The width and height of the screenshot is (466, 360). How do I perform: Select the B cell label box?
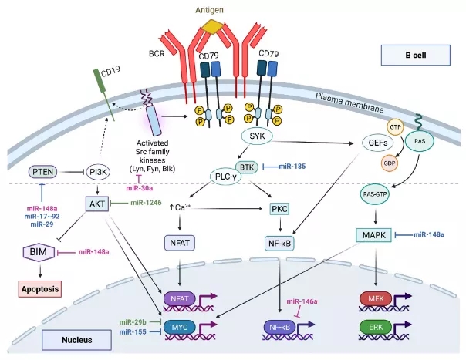416,55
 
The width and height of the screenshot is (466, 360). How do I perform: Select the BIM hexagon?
36,252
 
